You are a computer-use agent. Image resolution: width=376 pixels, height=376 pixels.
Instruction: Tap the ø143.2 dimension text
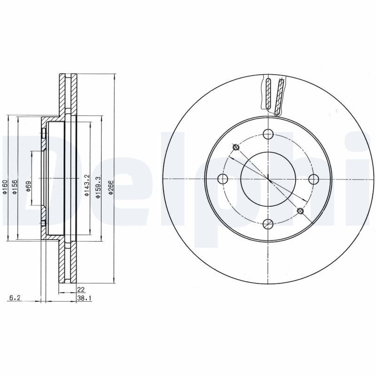tap(87, 185)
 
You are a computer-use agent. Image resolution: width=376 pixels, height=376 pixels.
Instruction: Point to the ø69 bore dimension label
tap(28, 186)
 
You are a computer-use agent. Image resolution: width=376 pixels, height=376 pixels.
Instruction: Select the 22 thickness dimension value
tap(81, 290)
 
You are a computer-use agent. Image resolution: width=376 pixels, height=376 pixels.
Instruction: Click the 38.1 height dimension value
tap(84, 298)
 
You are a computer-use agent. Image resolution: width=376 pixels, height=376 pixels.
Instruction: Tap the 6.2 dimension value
tap(16, 298)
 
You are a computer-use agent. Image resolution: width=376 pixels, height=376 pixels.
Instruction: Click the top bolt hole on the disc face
tap(268, 134)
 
